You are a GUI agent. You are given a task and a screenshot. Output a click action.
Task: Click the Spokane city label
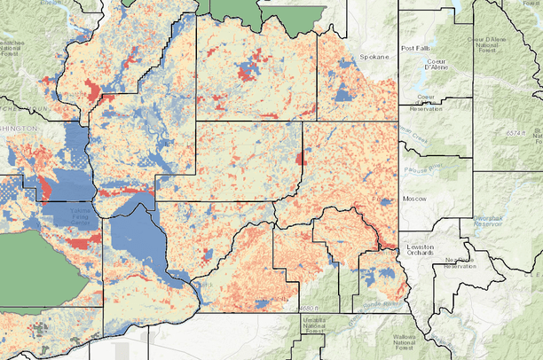[x=374, y=56]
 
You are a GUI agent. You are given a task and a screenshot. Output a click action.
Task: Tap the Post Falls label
[x=417, y=48]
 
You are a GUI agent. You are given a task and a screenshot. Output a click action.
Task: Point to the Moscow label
[x=413, y=199]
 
